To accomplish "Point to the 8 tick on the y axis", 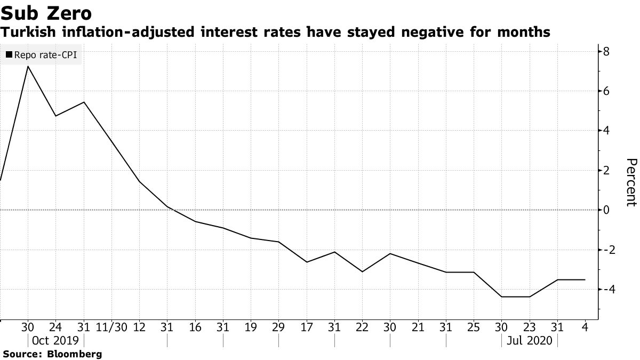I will (x=606, y=52).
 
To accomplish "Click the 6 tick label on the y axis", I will (x=606, y=91).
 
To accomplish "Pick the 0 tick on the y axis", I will (x=606, y=210).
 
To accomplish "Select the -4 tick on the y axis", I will (x=609, y=289).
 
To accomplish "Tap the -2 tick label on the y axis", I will (x=609, y=249).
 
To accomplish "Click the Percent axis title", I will (x=630, y=182).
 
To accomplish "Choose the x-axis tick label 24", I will (x=55, y=327).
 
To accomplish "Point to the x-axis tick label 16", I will (x=195, y=327).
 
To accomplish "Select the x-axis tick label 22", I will (x=363, y=327).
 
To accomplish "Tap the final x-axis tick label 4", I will (x=586, y=327).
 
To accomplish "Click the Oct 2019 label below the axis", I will (x=55, y=340).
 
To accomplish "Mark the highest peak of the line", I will (x=28, y=66).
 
